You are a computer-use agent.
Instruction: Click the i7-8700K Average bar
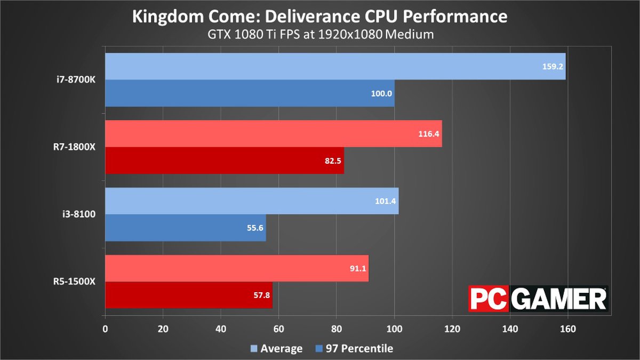(335, 67)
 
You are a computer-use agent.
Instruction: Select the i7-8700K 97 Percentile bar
(250, 93)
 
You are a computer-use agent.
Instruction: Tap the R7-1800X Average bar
(273, 134)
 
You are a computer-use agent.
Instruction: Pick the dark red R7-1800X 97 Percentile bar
(224, 161)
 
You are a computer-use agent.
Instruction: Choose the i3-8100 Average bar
(252, 201)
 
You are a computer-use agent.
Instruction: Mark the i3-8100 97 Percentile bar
(185, 228)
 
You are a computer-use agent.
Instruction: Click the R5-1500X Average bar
(236, 268)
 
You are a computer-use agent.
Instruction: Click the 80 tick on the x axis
(337, 328)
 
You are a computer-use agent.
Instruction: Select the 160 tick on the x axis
(567, 328)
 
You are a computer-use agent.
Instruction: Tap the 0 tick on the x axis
(106, 328)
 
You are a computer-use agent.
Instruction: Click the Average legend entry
(277, 349)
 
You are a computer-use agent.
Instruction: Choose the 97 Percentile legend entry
(354, 349)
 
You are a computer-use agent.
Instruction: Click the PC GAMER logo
(537, 299)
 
